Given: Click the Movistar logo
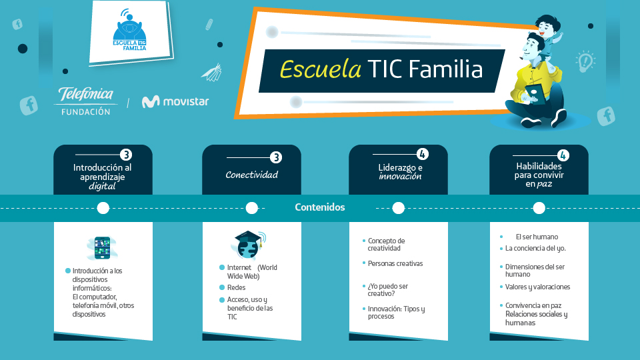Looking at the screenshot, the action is click(175, 101).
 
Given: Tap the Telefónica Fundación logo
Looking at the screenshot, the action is click(86, 101).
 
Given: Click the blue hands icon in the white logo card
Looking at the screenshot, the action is click(129, 28).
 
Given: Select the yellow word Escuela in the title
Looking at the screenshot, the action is click(321, 69).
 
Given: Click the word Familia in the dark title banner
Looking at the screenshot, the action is click(445, 69).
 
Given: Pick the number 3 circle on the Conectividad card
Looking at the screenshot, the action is click(276, 157).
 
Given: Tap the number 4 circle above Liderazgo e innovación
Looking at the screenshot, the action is click(423, 154).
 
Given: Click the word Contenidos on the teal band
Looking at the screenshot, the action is click(320, 207).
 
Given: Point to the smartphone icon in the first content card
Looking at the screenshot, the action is click(102, 248).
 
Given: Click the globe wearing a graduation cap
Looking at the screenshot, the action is click(248, 245).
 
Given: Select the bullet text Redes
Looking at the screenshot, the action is click(236, 288).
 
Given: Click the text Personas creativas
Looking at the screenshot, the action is click(395, 264).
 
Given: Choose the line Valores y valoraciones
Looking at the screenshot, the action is click(537, 287).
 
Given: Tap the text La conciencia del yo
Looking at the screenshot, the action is click(535, 248).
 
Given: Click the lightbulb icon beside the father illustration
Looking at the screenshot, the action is click(585, 61).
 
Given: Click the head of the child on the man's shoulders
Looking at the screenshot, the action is click(548, 26).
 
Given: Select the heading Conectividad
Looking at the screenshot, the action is click(252, 175).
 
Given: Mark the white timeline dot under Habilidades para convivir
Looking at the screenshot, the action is click(539, 208).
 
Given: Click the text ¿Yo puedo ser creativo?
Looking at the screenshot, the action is click(388, 290).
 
